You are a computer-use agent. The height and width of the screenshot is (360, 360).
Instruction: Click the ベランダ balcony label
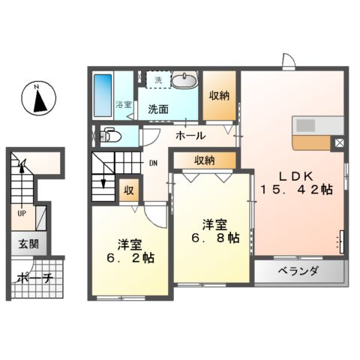[x=299, y=271]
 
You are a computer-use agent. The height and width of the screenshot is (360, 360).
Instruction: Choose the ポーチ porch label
[x=32, y=277]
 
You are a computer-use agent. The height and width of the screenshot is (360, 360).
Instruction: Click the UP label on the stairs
[x=22, y=212]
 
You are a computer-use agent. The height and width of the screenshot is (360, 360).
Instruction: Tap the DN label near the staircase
[x=152, y=163]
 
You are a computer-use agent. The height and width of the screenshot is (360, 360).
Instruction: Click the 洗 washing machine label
[x=157, y=79]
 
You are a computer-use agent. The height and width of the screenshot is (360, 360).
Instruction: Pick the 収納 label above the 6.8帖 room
[x=204, y=160]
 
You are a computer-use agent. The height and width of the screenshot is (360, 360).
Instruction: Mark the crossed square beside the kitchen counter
[x=339, y=142]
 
